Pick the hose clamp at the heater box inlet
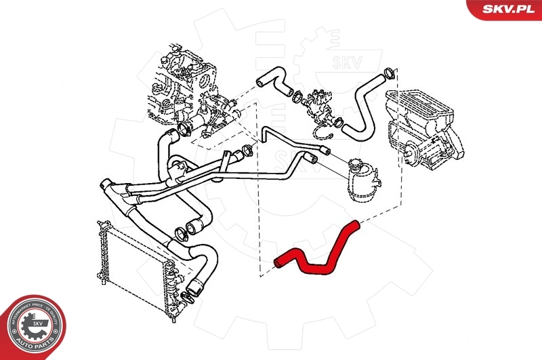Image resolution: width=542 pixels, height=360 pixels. coord(389,73)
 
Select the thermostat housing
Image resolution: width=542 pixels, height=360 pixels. coord(316,105)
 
